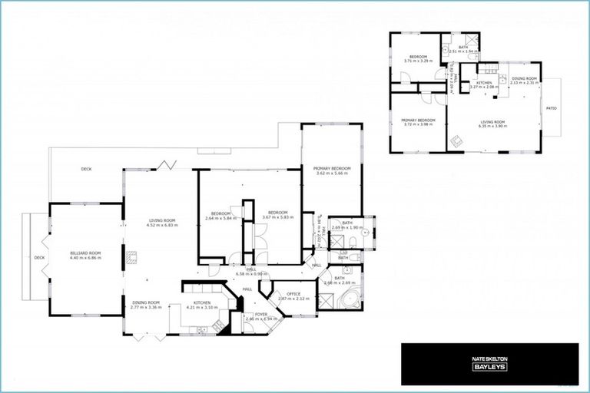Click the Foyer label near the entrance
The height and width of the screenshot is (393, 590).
click(x=261, y=314)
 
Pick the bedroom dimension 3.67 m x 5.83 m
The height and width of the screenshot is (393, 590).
click(x=277, y=217)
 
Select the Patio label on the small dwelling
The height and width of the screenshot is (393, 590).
click(x=551, y=108)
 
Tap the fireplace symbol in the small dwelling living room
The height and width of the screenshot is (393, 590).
click(x=456, y=140)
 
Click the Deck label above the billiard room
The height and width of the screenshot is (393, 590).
click(x=86, y=169)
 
